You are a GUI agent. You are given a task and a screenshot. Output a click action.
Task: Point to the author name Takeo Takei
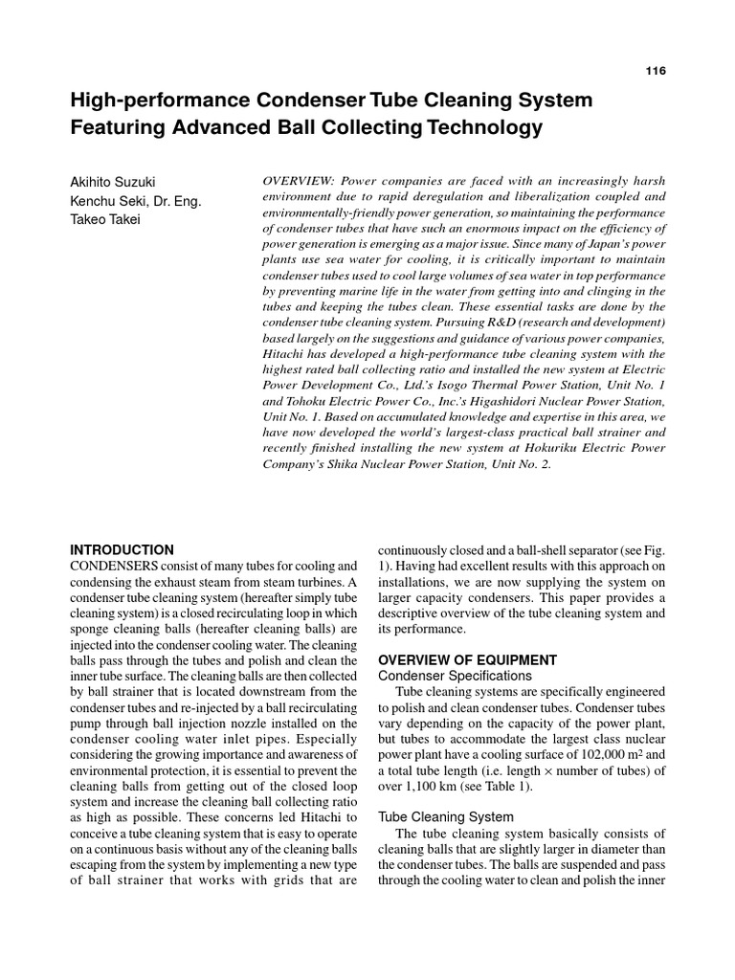tap(107, 219)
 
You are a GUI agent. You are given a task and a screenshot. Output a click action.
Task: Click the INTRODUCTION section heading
tap(122, 550)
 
